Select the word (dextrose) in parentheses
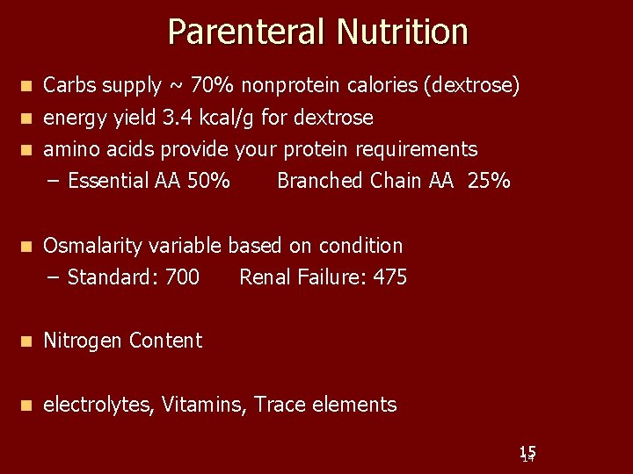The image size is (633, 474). pyautogui.click(x=471, y=86)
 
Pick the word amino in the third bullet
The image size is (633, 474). pyautogui.click(x=69, y=149)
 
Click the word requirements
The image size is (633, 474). pyautogui.click(x=416, y=149)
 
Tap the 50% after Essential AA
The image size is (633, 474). pyautogui.click(x=209, y=181)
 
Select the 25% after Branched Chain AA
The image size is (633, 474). pyautogui.click(x=489, y=181)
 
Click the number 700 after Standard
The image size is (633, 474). pyautogui.click(x=182, y=277)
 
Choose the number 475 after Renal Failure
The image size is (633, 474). pyautogui.click(x=389, y=277)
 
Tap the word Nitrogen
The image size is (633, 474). pyautogui.click(x=83, y=341)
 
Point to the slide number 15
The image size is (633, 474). pyautogui.click(x=527, y=453)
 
